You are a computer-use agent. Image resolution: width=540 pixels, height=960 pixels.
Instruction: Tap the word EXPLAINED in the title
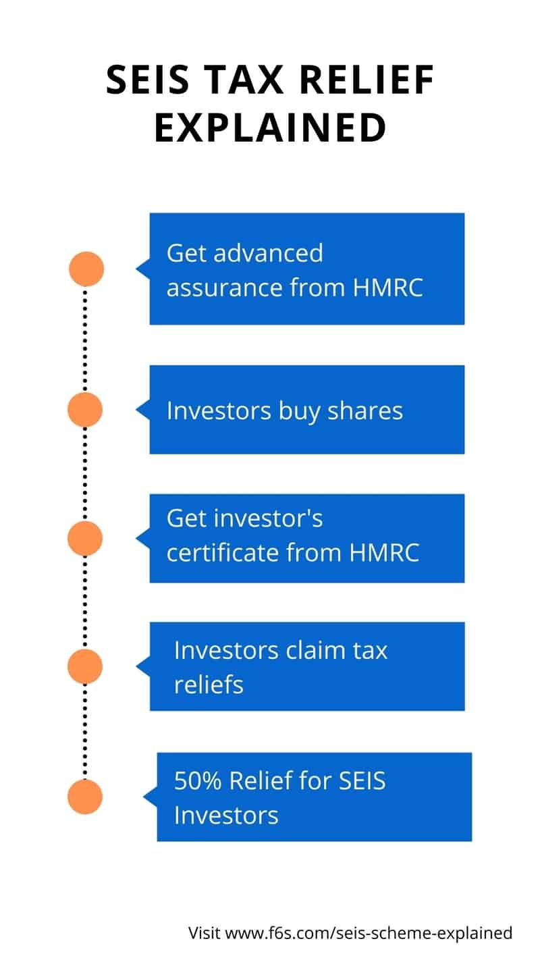(270, 128)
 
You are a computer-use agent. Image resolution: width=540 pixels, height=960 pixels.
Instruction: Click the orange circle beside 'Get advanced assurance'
(86, 269)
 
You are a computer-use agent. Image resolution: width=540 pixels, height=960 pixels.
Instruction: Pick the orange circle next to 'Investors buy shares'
(86, 410)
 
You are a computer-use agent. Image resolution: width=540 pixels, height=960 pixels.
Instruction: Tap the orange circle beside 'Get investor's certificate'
(86, 538)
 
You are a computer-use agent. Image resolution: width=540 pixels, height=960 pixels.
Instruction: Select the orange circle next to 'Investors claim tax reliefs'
(86, 666)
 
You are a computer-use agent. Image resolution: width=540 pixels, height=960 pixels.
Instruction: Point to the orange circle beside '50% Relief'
(86, 796)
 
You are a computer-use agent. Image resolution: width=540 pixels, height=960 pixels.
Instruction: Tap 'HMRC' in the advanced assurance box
(388, 288)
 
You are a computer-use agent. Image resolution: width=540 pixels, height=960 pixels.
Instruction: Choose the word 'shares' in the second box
(368, 410)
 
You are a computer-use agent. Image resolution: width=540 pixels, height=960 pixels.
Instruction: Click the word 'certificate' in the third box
(223, 552)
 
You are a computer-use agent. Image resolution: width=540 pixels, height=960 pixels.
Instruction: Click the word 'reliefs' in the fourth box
(209, 685)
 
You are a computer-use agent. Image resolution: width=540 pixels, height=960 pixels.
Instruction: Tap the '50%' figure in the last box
(198, 781)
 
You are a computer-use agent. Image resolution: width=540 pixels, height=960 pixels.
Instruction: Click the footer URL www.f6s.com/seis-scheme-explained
(369, 933)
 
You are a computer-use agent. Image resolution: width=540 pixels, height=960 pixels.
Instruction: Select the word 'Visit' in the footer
(205, 933)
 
